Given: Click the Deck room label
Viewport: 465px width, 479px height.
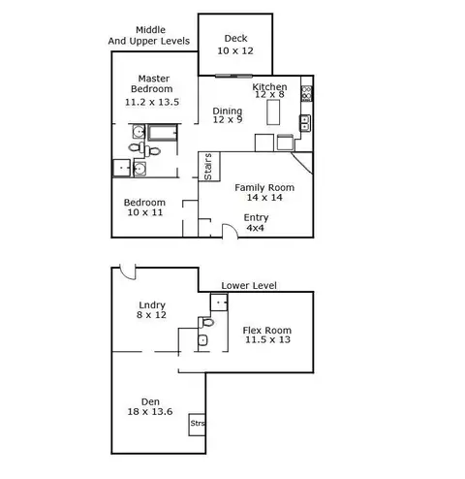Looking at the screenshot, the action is coord(235,39).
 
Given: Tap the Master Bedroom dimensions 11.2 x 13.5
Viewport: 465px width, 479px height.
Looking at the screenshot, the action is coord(152,102).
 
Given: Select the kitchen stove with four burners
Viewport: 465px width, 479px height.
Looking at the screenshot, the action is coord(306,93).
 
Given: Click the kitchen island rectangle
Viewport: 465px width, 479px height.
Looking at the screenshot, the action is coord(273,112).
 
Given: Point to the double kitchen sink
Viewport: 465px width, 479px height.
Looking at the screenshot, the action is coord(305,123).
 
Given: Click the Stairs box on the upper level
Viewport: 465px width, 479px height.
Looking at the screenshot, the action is coord(209,167).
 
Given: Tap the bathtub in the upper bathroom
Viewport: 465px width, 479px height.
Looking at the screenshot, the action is coord(163,133).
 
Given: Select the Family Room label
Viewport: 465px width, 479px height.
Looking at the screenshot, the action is coord(264,188).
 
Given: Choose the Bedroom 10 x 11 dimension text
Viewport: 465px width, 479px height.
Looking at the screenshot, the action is coord(145,212).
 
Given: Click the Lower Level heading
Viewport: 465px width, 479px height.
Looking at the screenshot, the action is coord(249,286).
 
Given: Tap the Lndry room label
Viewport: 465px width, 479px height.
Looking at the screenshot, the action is coord(152,305).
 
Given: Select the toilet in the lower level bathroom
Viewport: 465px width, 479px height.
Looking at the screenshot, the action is coord(206,322).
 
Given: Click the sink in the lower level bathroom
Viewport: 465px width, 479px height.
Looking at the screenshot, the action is coord(202,340).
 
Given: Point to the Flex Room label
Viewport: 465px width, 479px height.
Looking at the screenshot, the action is coord(267,331).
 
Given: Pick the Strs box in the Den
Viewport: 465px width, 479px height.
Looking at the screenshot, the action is coord(197,425).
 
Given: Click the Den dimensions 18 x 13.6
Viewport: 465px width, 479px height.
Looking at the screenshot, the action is coord(150,412).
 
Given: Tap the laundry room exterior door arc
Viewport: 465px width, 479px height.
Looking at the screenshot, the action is coord(127,274).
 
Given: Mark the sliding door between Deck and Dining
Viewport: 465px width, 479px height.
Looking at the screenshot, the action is coord(233,76).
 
